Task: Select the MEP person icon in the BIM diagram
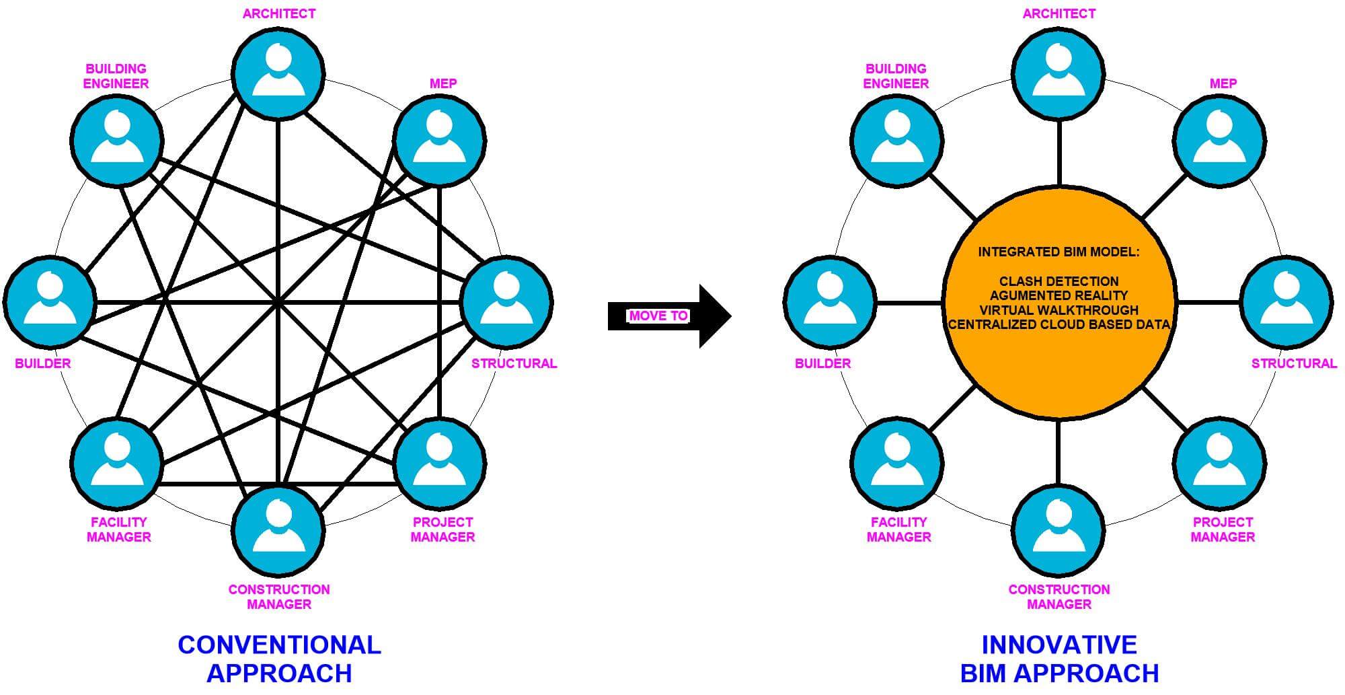coord(1219,141)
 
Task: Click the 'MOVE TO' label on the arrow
coord(658,316)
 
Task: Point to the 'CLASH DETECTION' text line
coord(1059,281)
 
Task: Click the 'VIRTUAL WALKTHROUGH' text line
coord(1059,310)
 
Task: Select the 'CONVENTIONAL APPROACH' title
coord(279,659)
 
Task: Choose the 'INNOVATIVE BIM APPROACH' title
coord(1059,659)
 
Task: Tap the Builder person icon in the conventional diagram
coord(50,302)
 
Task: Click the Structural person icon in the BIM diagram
coord(1286,302)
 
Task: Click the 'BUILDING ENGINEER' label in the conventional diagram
coord(116,76)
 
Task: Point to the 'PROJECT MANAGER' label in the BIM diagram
coord(1223,529)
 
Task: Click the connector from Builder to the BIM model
coord(910,303)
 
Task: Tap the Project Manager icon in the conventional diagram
coord(439,464)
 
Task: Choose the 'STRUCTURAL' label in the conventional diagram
coord(514,363)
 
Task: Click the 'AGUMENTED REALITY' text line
coord(1059,295)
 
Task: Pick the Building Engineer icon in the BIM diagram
coord(896,141)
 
